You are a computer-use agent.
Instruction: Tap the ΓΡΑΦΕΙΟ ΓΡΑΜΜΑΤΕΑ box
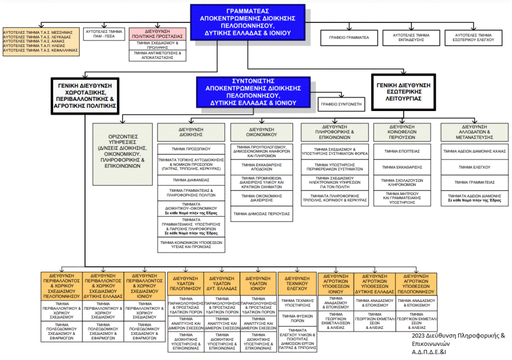pyautogui.click(x=348, y=37)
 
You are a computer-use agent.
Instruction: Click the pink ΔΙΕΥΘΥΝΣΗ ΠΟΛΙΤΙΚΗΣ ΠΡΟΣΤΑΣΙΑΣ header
pyautogui.click(x=157, y=33)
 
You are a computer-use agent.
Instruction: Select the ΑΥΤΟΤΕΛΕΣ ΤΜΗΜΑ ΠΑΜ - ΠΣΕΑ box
pyautogui.click(x=104, y=33)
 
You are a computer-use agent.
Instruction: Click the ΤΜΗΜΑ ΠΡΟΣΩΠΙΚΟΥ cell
pyautogui.click(x=190, y=148)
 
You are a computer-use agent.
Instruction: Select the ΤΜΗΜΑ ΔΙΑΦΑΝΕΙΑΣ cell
pyautogui.click(x=190, y=179)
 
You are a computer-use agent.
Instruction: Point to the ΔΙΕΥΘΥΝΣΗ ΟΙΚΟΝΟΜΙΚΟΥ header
pyautogui.click(x=261, y=131)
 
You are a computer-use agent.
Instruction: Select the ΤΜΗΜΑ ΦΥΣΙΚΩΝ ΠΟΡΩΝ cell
pyautogui.click(x=297, y=316)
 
